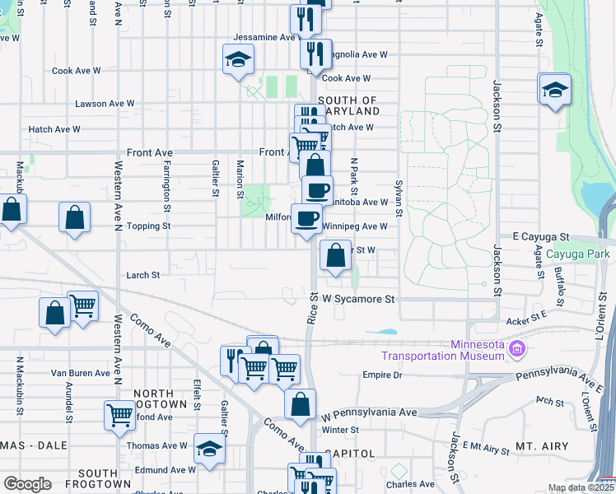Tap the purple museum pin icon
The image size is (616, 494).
[516, 350]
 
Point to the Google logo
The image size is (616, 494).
[26, 484]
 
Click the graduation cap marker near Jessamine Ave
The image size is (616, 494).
[238, 60]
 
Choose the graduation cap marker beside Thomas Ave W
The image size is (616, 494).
[209, 450]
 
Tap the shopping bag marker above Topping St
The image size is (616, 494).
[74, 219]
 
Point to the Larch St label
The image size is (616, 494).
[142, 275]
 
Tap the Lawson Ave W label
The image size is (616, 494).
[105, 104]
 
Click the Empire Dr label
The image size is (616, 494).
[382, 375]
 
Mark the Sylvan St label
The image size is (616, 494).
[399, 198]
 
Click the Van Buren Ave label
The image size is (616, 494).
[80, 373]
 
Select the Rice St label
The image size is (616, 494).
[313, 308]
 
